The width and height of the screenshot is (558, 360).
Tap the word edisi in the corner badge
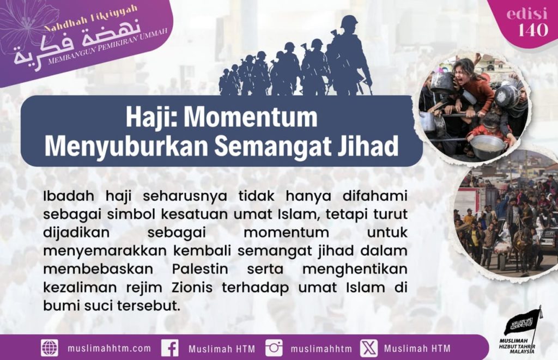[527, 14]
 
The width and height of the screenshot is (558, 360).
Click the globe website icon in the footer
[50, 348]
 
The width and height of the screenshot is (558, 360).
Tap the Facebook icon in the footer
[170, 348]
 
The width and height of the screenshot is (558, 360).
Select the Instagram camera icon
[274, 348]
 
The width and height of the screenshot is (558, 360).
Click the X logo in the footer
[369, 348]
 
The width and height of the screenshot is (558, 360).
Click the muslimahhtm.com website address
[109, 348]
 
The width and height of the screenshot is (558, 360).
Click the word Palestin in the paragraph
[200, 269]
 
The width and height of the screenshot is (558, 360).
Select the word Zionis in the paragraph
[192, 288]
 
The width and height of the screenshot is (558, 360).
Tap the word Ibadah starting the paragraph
[69, 196]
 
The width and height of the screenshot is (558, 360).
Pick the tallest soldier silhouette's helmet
[349, 22]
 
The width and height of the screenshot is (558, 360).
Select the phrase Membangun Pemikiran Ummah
[107, 47]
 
